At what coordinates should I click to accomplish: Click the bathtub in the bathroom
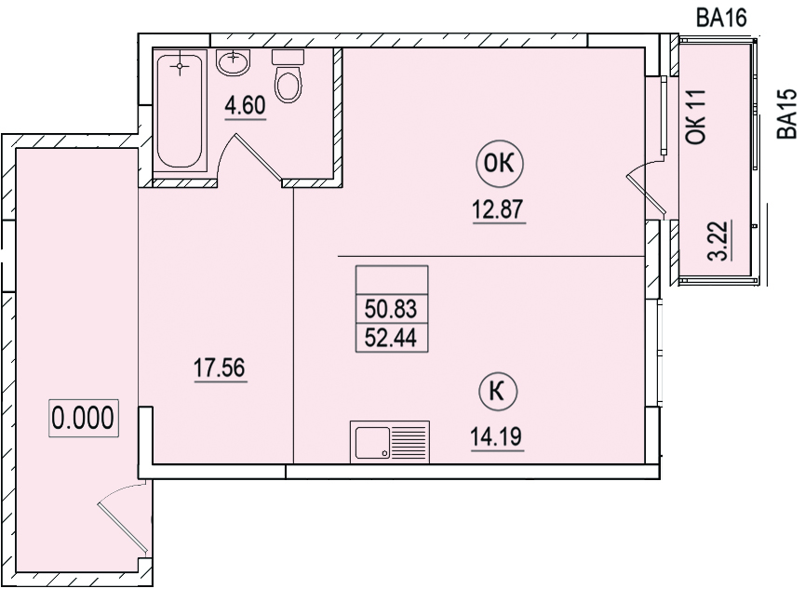click(180, 111)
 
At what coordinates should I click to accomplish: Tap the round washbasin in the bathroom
click(233, 62)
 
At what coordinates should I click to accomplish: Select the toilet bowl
click(288, 76)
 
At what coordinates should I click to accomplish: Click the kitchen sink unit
click(390, 442)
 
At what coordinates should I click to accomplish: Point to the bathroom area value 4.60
click(246, 106)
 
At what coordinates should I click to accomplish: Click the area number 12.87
click(498, 209)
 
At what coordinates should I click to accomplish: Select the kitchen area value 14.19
click(496, 436)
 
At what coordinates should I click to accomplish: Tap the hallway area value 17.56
click(220, 368)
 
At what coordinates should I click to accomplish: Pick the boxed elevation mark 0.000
click(83, 418)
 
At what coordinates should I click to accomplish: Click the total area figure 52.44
click(391, 338)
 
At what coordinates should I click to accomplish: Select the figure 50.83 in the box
click(391, 310)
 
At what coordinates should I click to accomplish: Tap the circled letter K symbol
click(498, 392)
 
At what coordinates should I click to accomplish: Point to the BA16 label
click(721, 19)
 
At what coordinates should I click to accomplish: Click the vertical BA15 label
click(786, 114)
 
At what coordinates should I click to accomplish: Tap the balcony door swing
click(646, 189)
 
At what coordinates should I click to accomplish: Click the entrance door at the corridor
click(123, 519)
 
